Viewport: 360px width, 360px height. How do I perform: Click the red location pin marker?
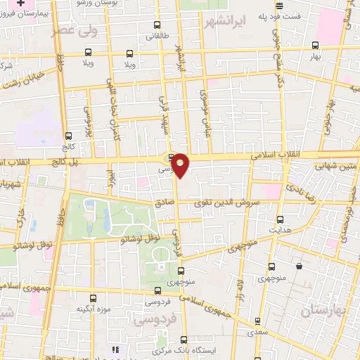tap(181, 165)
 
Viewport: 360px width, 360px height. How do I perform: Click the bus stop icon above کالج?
tap(68, 136)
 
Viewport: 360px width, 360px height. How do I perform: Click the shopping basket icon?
tap(300, 266)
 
